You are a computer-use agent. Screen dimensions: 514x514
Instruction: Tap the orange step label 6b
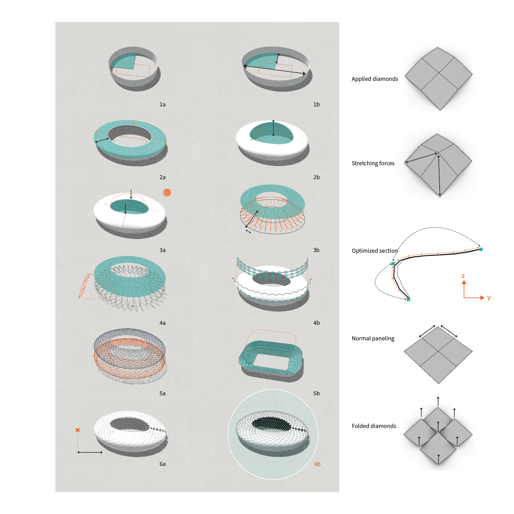(317, 464)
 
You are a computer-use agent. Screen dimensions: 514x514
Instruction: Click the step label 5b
(316, 393)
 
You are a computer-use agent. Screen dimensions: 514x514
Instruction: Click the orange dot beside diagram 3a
(167, 192)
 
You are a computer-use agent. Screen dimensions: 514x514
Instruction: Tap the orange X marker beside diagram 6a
(78, 430)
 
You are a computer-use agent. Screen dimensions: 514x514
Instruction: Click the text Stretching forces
(373, 163)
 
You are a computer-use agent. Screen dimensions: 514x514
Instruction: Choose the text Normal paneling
(373, 338)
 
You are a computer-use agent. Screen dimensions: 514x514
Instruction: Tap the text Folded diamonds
(374, 426)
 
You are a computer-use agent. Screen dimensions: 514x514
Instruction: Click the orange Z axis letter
(463, 276)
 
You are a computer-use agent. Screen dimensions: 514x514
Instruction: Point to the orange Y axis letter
(489, 298)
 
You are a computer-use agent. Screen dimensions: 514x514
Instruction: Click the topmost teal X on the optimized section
(481, 249)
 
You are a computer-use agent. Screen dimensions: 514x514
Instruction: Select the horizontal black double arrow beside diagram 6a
(90, 452)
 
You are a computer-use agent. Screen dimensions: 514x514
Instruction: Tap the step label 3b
(316, 250)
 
